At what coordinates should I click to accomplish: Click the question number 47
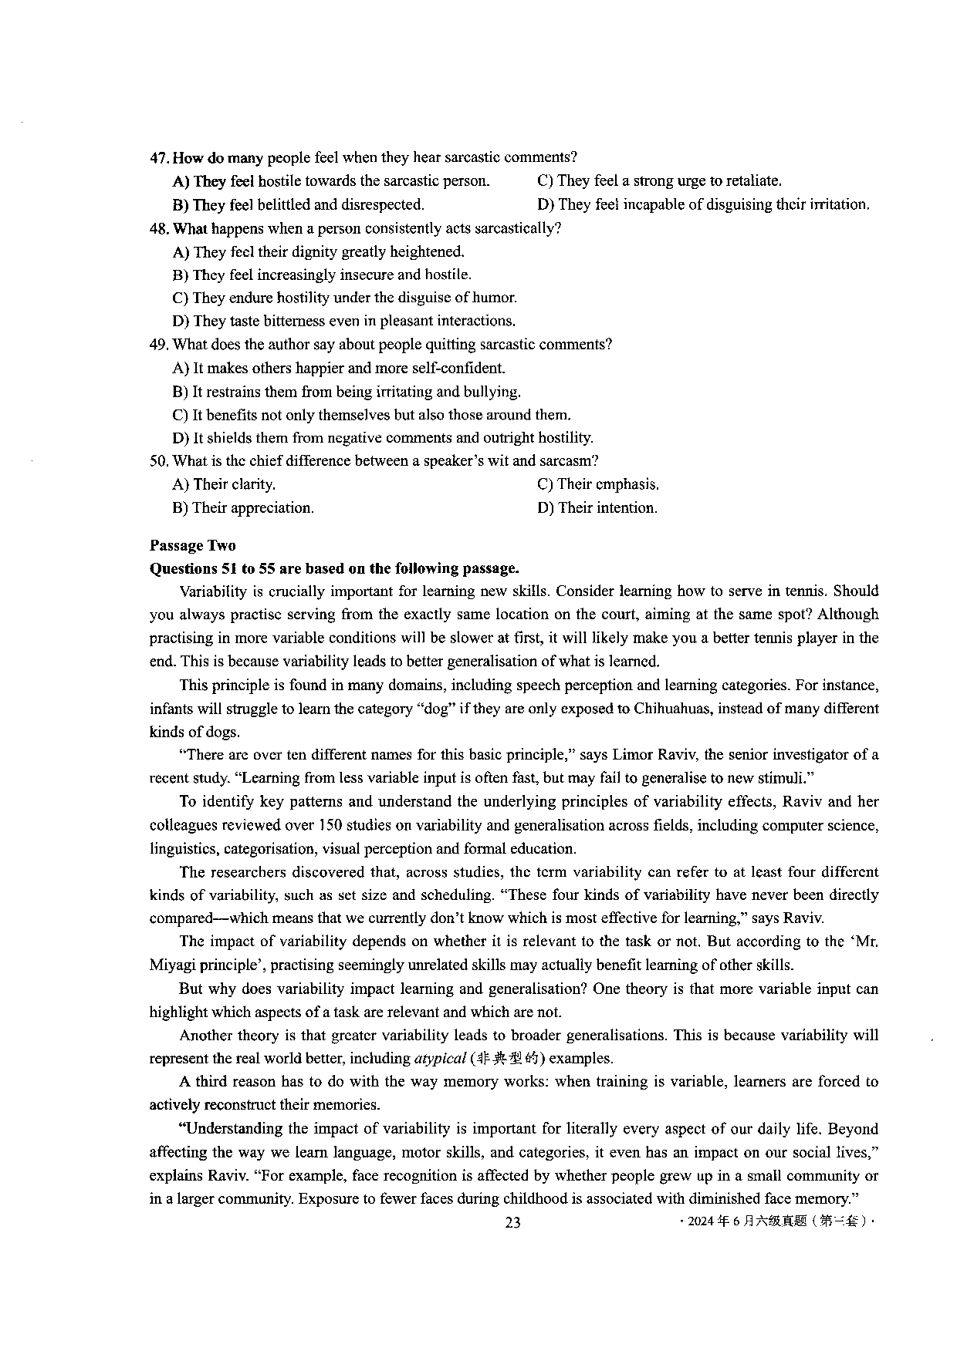158,158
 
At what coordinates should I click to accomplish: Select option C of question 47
659,181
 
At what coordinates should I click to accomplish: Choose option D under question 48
344,321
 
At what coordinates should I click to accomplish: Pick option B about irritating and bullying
347,392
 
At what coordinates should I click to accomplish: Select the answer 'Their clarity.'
224,484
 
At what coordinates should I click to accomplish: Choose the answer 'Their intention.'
597,508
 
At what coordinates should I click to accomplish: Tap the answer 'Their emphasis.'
598,484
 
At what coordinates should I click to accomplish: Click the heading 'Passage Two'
193,546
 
